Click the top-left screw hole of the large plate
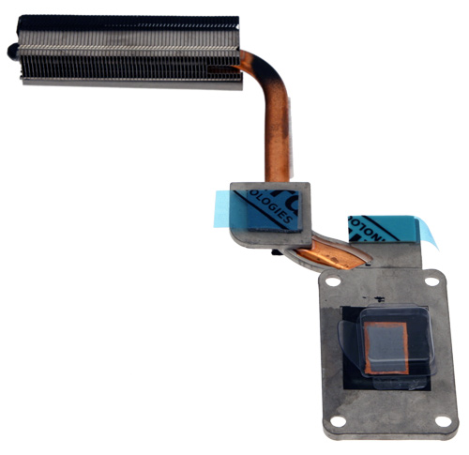[331, 279]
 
